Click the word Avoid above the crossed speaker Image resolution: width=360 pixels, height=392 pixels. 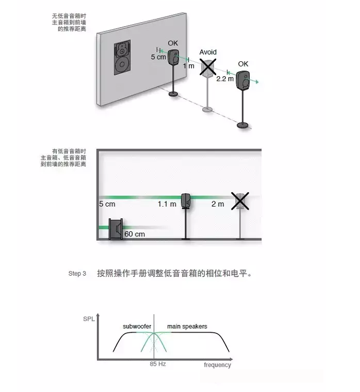(208, 52)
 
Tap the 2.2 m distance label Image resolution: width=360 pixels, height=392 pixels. (225, 79)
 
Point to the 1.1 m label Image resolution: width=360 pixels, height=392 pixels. (167, 204)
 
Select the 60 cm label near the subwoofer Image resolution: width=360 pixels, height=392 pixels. (135, 234)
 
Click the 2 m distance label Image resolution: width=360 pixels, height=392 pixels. (218, 204)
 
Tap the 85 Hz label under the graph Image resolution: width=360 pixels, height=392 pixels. (158, 364)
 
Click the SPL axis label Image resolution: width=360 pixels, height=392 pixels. (89, 319)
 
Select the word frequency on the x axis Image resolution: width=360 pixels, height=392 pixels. (217, 365)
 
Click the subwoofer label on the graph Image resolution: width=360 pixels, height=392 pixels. (137, 326)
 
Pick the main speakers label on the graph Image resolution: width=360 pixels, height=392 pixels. (187, 327)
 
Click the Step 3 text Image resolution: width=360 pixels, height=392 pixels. (77, 274)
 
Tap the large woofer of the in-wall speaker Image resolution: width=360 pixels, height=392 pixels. (122, 64)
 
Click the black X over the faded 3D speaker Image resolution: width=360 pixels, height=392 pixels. (208, 67)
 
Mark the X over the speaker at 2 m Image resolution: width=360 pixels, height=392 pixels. (240, 201)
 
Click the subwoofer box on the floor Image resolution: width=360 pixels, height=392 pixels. (116, 229)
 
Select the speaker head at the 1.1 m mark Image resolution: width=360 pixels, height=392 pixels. (186, 201)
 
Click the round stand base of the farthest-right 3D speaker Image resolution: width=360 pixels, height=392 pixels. (243, 125)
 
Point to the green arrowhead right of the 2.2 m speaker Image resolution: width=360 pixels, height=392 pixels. (257, 82)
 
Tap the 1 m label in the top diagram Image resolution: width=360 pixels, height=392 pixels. (189, 66)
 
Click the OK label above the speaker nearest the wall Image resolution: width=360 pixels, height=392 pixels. (173, 43)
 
